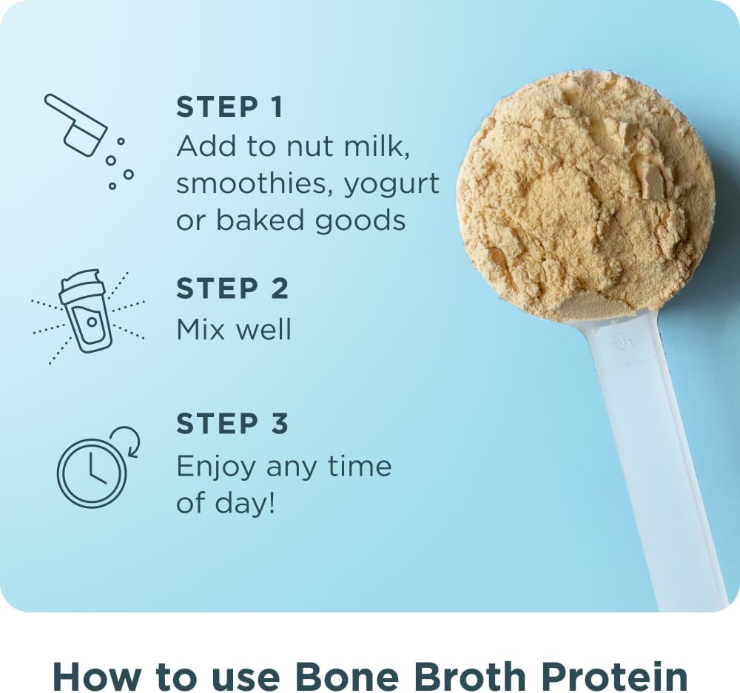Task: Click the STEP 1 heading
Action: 229,107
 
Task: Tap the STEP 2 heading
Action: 232,288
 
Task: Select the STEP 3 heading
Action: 232,424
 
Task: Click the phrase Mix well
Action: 234,329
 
